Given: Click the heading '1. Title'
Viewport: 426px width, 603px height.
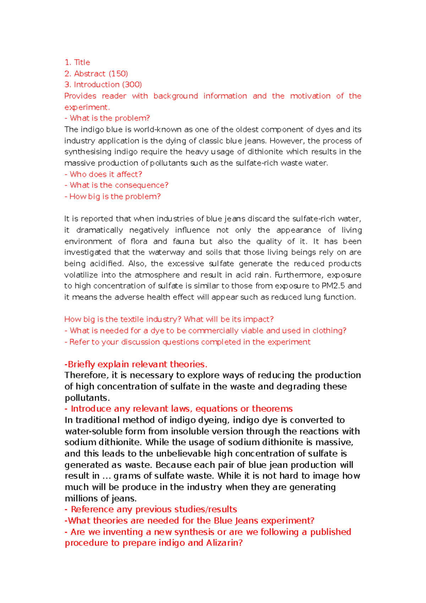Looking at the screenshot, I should click(x=77, y=63).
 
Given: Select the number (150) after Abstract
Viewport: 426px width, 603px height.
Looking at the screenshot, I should click(x=118, y=74).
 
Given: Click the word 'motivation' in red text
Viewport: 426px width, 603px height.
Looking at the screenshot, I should click(x=310, y=96).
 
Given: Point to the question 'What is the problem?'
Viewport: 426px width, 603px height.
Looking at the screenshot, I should click(x=110, y=118).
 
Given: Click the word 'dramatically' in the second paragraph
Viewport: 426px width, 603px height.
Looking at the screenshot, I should click(x=99, y=230).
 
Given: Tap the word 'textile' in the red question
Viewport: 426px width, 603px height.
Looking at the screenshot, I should click(x=131, y=319).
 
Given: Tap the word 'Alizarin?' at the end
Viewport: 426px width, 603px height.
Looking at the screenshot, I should click(x=224, y=543).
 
